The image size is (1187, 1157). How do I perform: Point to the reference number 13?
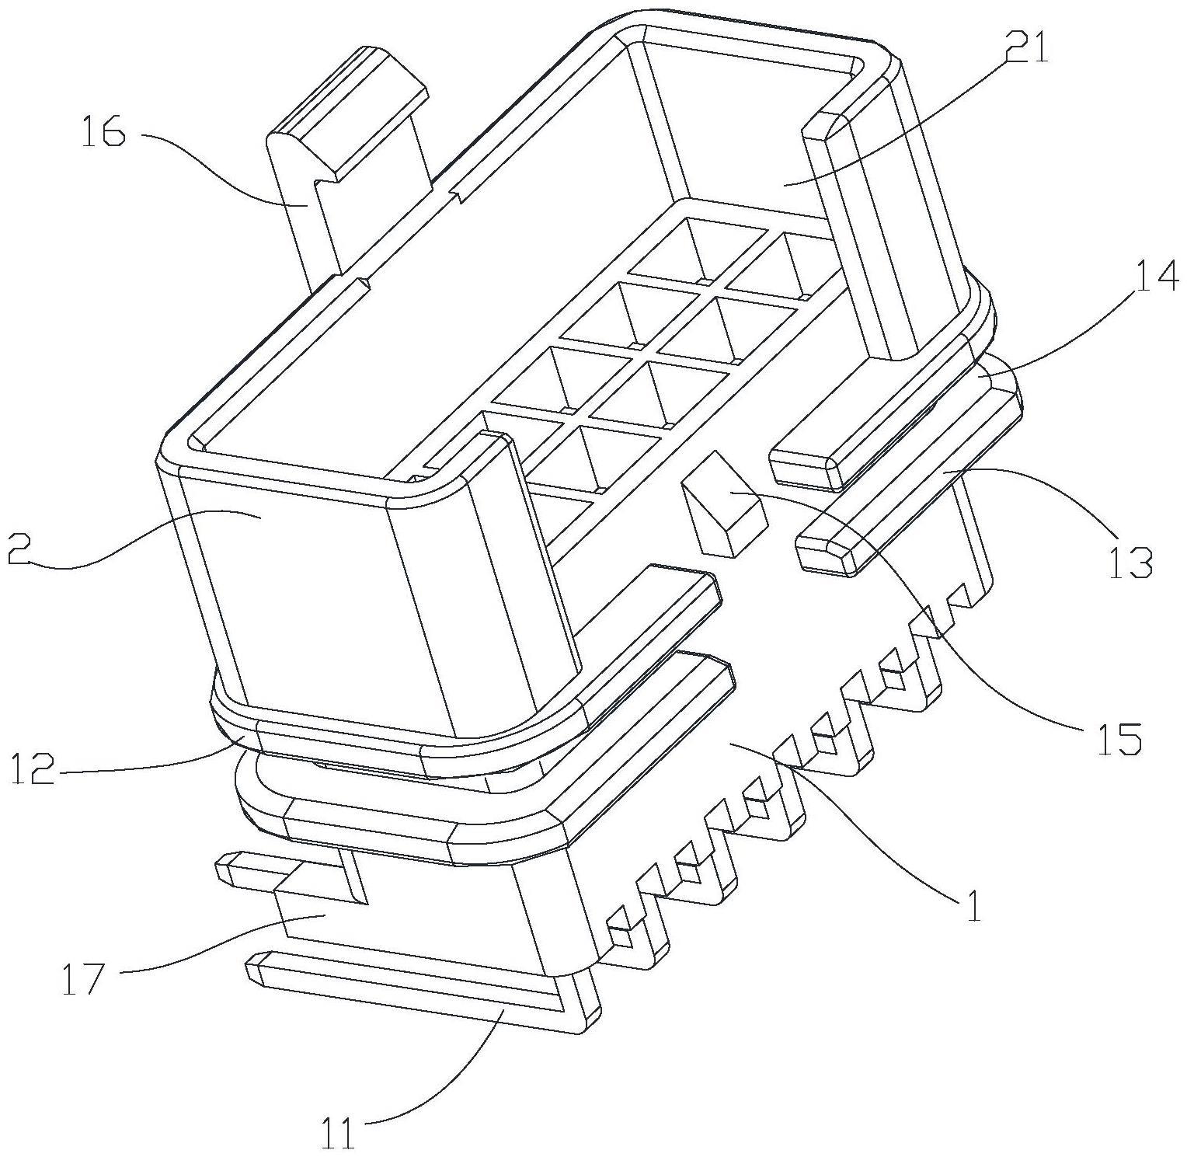[1129, 562]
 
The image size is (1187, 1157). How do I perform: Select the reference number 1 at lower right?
[972, 904]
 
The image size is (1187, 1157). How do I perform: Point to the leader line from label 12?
[155, 765]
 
